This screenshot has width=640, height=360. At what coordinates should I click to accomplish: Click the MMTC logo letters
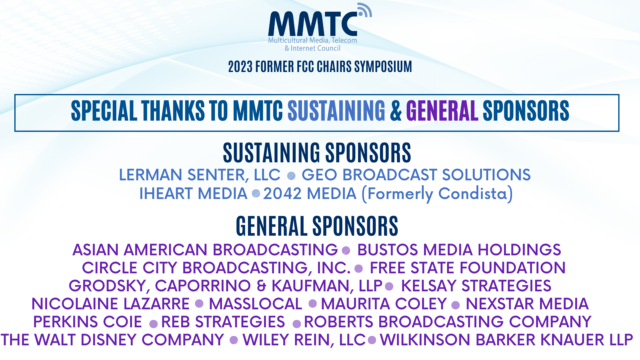click(313, 24)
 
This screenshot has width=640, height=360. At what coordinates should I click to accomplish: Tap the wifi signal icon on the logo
click(365, 10)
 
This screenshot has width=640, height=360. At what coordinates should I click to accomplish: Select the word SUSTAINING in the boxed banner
click(336, 111)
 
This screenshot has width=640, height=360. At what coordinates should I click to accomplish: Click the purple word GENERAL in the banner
click(442, 111)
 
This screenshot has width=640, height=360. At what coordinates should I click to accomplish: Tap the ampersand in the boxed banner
click(396, 111)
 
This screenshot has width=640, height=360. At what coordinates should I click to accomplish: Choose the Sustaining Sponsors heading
click(317, 153)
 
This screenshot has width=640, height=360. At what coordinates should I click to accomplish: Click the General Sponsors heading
click(317, 226)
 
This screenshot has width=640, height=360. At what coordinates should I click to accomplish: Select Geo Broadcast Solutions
click(416, 175)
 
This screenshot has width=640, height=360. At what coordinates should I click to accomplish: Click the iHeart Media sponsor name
click(193, 194)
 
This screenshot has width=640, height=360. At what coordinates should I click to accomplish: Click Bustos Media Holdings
click(459, 250)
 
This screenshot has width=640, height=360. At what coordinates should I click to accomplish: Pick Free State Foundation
click(468, 268)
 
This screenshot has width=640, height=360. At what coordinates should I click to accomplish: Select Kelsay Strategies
click(476, 286)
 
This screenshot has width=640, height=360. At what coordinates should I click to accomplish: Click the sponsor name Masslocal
click(255, 304)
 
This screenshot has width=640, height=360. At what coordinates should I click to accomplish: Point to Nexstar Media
click(527, 304)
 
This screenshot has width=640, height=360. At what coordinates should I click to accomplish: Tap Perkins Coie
click(88, 322)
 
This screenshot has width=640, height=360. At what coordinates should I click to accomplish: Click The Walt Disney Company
click(112, 340)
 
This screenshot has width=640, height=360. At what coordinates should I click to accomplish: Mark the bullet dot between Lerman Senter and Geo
click(291, 176)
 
